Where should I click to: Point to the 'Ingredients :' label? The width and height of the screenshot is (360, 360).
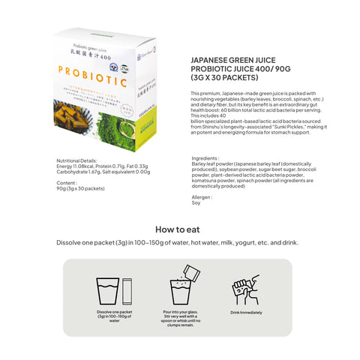[x=206, y=158]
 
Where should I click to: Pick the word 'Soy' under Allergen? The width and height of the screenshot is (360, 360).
[x=196, y=202]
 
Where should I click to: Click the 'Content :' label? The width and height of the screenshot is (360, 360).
[x=68, y=182]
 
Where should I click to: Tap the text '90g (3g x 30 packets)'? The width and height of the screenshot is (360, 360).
[x=80, y=188]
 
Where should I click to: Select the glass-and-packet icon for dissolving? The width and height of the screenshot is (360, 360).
[x=114, y=292]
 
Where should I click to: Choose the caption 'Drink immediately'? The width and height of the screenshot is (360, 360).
[x=245, y=311]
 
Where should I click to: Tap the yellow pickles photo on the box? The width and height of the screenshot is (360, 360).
[x=84, y=109]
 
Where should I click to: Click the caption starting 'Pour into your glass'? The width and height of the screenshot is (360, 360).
[x=180, y=319]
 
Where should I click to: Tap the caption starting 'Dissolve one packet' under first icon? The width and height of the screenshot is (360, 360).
[x=115, y=316]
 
